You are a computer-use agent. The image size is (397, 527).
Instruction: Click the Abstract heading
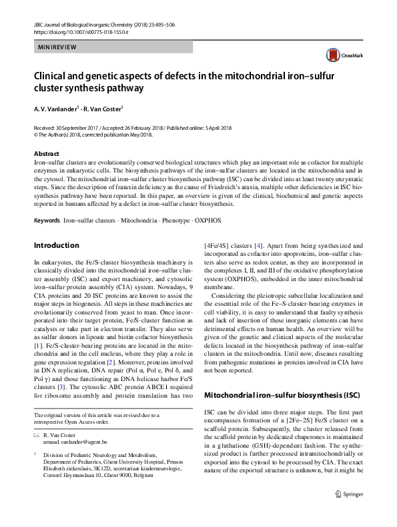coord(45,153)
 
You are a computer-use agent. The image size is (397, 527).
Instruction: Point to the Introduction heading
coord(57,245)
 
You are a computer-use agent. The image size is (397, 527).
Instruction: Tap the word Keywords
coord(46,219)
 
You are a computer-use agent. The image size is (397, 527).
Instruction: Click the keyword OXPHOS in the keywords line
coord(208,219)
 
